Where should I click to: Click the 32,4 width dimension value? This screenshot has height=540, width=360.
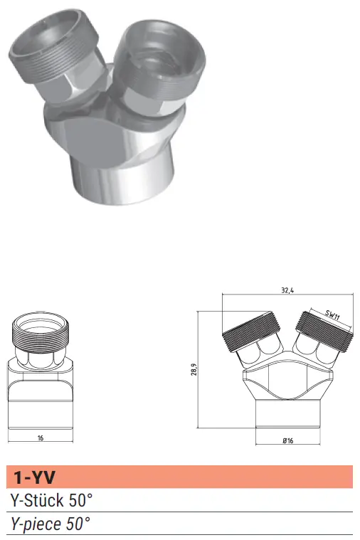[287, 290]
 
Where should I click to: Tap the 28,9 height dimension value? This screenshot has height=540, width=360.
[194, 369]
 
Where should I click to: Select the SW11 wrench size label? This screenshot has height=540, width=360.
[332, 315]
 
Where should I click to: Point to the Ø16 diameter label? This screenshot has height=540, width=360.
[287, 440]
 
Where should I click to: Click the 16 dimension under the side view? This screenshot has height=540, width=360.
[41, 438]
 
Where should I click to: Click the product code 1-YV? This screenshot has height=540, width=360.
[34, 477]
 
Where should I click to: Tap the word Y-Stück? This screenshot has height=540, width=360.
[37, 500]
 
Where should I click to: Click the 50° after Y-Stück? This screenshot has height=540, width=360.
[80, 500]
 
